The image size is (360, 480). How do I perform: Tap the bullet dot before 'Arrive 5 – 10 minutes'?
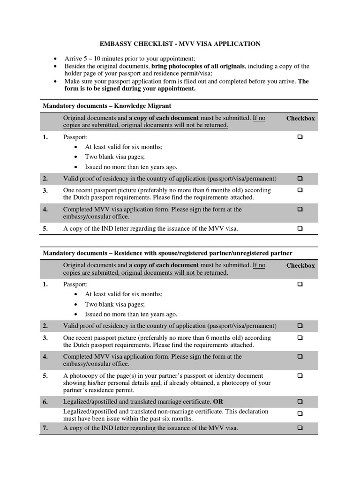[55, 59]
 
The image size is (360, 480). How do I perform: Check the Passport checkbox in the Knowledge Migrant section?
[300, 137]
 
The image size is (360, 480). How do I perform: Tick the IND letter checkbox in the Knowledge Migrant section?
[300, 229]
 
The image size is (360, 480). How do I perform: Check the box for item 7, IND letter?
[300, 428]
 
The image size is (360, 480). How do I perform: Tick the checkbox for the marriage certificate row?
[300, 402]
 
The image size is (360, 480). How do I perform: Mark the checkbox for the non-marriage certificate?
[300, 414]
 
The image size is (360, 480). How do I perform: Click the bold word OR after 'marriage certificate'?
[218, 402]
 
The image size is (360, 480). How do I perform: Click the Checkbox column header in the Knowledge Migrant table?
[300, 119]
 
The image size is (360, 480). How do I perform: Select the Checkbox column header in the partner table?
[300, 266]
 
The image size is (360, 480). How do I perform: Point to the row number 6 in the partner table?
[45, 402]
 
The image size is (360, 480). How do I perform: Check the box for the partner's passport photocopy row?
[300, 376]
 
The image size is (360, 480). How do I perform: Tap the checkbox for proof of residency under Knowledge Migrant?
[300, 179]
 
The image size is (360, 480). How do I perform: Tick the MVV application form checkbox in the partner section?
[300, 357]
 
